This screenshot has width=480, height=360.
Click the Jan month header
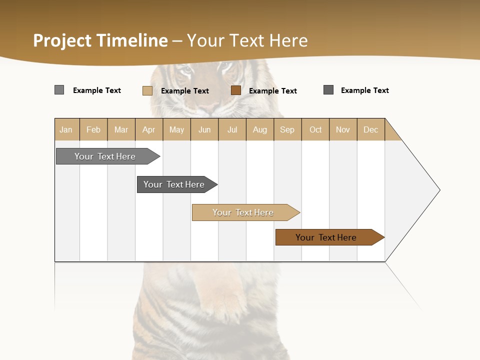tap(66, 129)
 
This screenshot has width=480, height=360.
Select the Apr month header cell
tap(148, 129)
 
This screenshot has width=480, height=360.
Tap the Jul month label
tap(232, 129)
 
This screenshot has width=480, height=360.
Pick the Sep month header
tap(287, 129)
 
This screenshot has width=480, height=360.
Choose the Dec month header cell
tap(370, 129)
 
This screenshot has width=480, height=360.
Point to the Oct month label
tap(315, 129)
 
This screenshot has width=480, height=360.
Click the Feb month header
tap(93, 129)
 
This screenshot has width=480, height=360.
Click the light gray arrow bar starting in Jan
tap(105, 156)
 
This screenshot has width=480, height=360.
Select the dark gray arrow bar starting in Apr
tap(174, 184)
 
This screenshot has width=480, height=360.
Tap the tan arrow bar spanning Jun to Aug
tap(243, 212)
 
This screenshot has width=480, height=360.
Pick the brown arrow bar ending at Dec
tap(326, 237)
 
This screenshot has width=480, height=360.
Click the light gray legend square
tap(59, 90)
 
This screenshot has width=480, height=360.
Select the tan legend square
tap(147, 90)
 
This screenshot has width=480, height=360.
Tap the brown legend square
tap(236, 90)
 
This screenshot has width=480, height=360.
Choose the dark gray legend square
tap(328, 90)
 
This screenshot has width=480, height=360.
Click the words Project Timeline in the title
tap(100, 40)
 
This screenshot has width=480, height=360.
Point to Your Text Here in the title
tap(247, 40)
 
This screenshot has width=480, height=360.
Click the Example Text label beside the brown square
tap(272, 90)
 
